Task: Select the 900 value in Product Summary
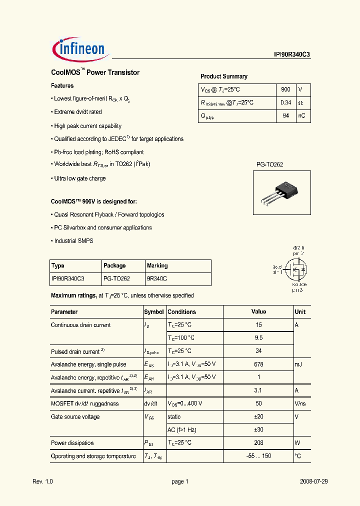285,89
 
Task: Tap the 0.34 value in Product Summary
285,102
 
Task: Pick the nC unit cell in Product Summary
302,116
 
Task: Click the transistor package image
278,191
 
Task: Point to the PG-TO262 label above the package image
270,164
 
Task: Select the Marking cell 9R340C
157,278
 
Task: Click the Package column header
114,265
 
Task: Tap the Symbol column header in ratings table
154,311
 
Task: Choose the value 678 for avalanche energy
258,364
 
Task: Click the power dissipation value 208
258,443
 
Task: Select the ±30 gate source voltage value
258,430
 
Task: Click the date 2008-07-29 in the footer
313,481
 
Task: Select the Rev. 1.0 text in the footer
42,481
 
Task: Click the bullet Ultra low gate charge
79,178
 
